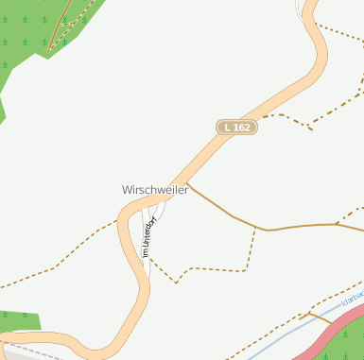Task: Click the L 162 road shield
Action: [x=236, y=127]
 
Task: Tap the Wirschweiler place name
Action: [x=155, y=189]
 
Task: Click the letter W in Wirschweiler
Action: [x=127, y=189]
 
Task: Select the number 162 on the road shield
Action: [x=242, y=127]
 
